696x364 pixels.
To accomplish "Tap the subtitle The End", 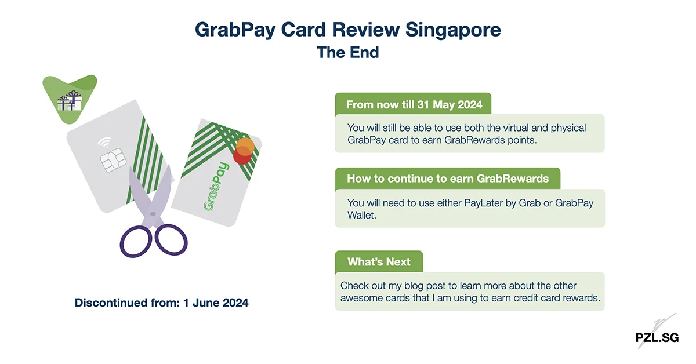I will (348, 52).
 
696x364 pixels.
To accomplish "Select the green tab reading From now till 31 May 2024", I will (414, 105).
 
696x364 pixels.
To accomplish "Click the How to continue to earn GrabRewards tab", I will (447, 179).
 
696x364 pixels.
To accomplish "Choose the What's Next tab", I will (379, 262).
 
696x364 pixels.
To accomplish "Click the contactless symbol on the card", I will (105, 141).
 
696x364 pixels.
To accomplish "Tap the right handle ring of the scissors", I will (172, 239).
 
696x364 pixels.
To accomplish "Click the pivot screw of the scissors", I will (153, 214).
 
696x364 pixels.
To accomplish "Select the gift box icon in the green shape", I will (70, 101).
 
